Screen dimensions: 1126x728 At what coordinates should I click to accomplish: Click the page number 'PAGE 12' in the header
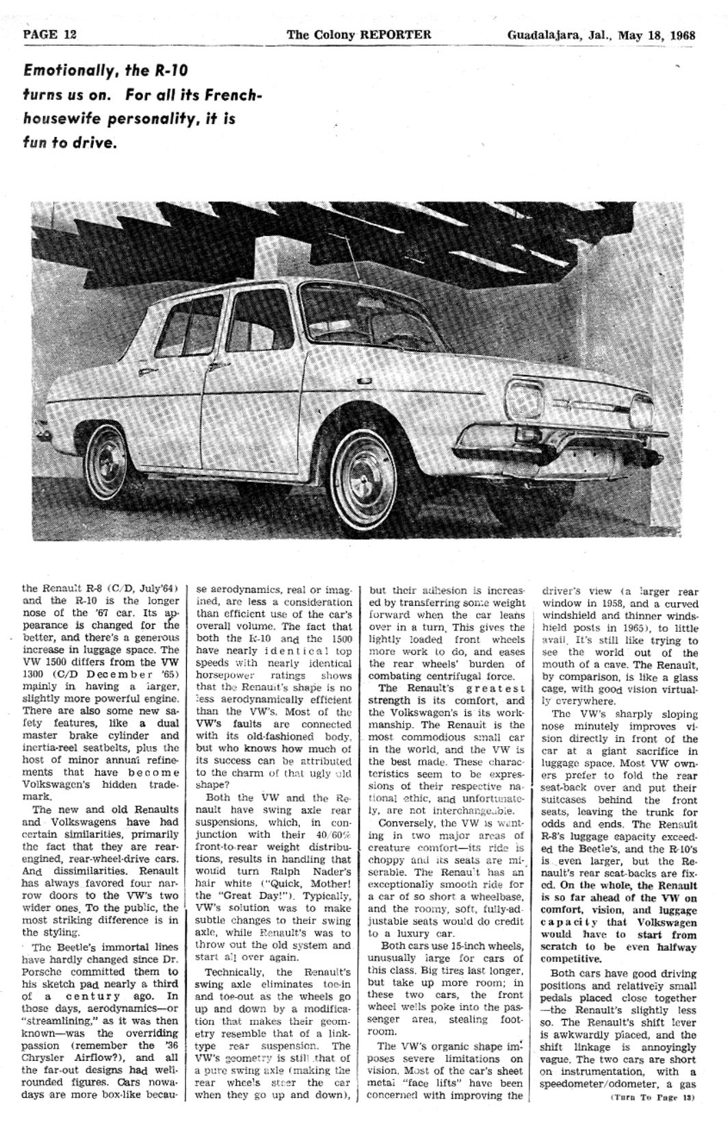point(50,35)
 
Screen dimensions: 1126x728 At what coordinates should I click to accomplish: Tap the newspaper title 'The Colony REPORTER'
point(359,35)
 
